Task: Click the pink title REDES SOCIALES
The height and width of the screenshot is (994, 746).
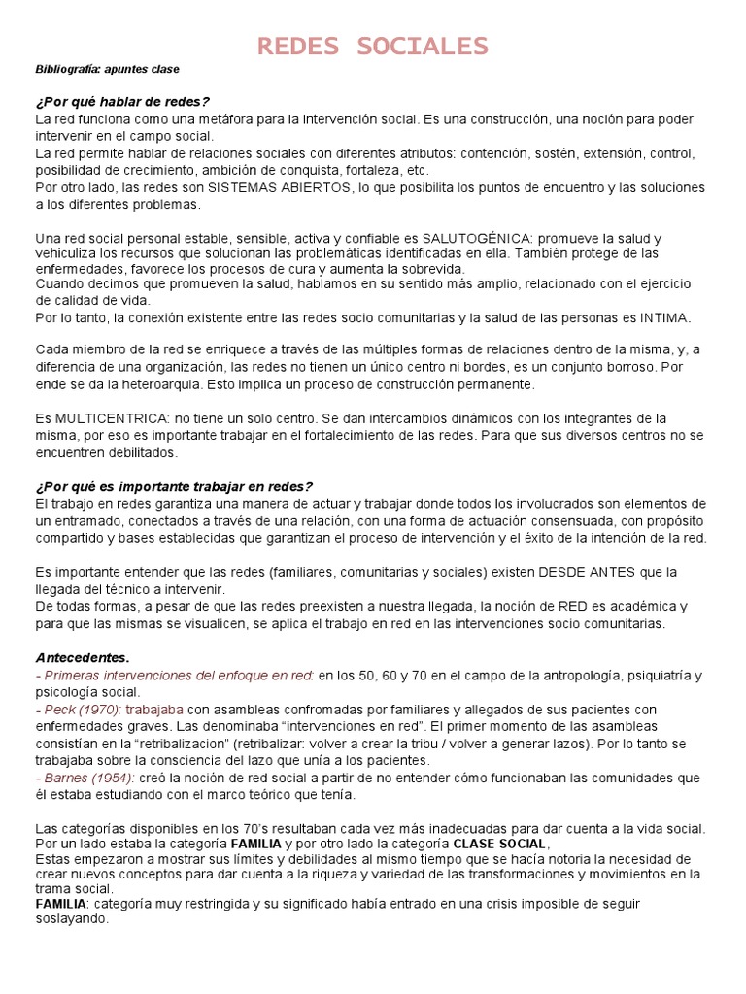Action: tap(373, 46)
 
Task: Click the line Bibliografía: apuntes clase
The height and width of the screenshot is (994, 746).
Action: tap(108, 70)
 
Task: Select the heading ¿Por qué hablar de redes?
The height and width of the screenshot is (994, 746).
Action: tap(122, 102)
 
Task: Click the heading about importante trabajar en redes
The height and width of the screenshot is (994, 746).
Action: tap(174, 486)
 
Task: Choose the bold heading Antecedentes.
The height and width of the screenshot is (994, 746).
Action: tap(83, 657)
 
